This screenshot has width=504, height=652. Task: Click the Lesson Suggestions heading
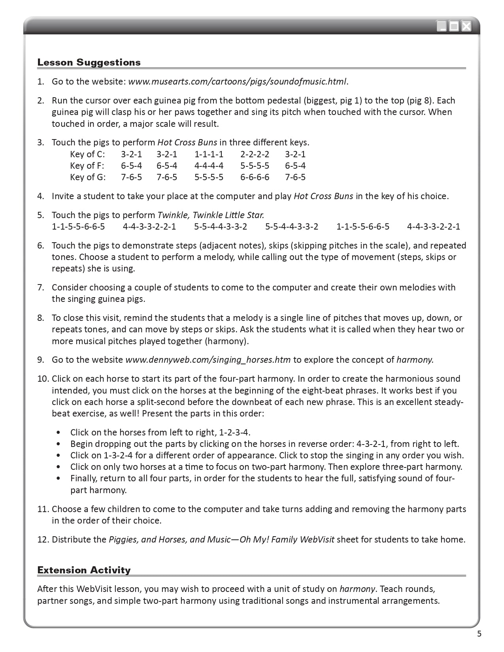(x=89, y=62)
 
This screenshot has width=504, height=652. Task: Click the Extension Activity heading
(x=84, y=570)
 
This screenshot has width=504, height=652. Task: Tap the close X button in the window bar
(x=467, y=26)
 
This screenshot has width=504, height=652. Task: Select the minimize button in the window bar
(x=441, y=26)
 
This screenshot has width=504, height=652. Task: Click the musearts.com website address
(x=238, y=82)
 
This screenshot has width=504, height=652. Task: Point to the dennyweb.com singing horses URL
(x=208, y=360)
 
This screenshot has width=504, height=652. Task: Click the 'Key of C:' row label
(x=87, y=154)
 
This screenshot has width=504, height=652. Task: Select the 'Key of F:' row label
(x=87, y=166)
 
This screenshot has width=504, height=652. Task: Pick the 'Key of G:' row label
(x=88, y=177)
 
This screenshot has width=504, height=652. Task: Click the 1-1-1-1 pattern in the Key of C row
(x=209, y=154)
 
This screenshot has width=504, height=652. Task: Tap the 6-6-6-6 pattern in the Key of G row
(x=255, y=177)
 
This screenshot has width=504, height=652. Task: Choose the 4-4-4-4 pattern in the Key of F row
(x=209, y=166)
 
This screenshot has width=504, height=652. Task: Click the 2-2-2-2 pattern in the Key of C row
(x=255, y=154)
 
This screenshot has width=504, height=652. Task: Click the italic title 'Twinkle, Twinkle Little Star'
(x=211, y=215)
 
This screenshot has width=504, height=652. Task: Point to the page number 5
(x=479, y=634)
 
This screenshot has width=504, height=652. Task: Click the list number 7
(x=41, y=288)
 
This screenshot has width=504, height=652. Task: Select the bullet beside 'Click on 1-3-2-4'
(x=59, y=455)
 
